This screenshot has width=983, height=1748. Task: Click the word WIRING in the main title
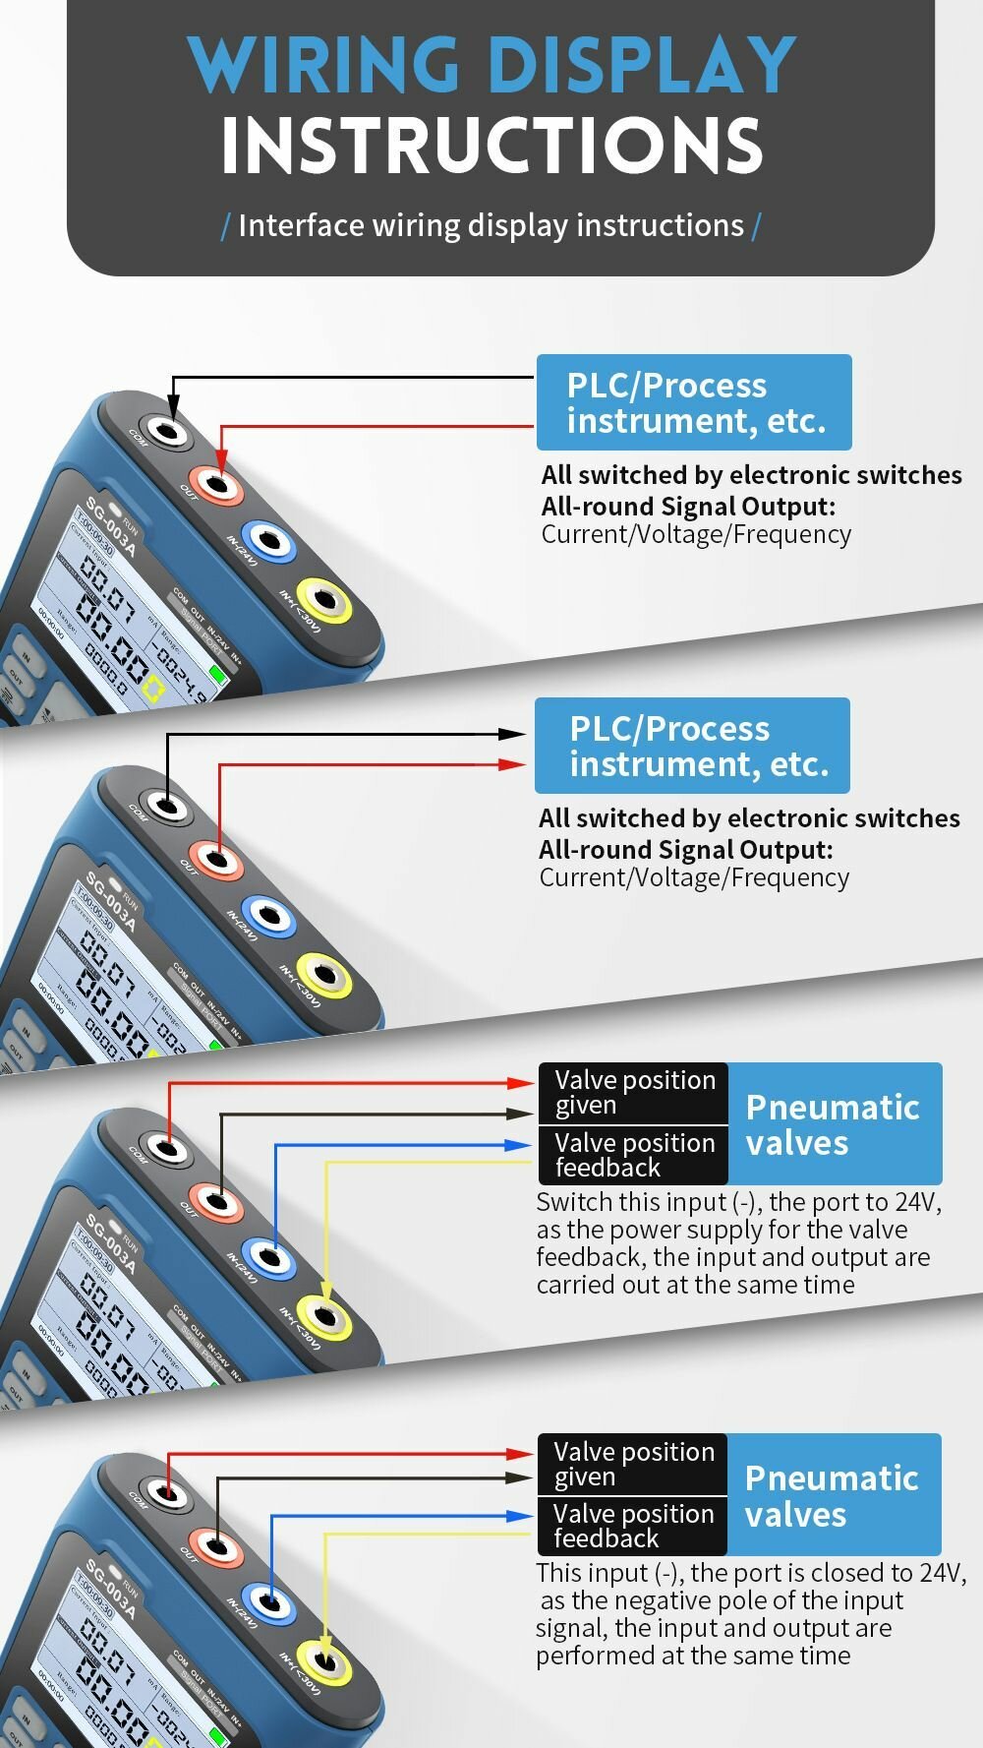tap(325, 65)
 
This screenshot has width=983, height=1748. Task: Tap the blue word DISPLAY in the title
tap(640, 65)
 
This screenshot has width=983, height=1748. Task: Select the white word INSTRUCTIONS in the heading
tap(491, 147)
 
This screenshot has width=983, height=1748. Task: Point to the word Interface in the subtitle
tap(301, 225)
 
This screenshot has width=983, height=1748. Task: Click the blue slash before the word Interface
tap(226, 226)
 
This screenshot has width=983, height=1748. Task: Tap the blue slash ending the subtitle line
tap(756, 226)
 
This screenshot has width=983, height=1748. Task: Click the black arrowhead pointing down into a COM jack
tap(174, 406)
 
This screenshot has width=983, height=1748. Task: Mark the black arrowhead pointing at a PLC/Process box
tap(512, 734)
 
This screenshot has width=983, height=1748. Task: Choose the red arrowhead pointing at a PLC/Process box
tap(512, 764)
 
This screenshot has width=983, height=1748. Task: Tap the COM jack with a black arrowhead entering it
tap(168, 430)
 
